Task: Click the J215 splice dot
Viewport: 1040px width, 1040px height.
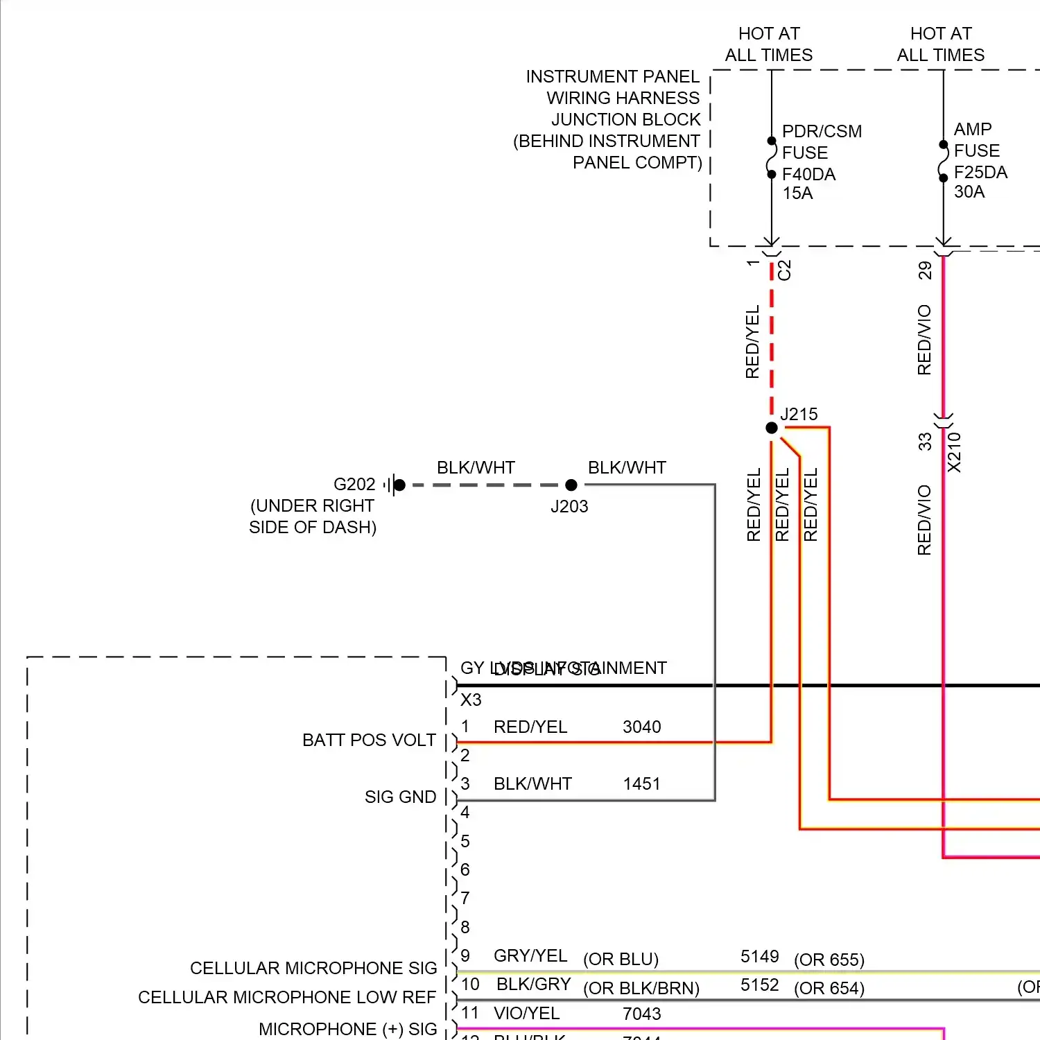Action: point(772,428)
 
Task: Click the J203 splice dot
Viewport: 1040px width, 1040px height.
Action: point(571,485)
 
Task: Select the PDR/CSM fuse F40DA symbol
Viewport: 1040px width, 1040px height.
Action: point(772,158)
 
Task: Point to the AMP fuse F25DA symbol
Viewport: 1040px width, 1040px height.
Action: point(943,162)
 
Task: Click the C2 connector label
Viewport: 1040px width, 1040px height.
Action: point(784,270)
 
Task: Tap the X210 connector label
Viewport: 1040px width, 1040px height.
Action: point(955,452)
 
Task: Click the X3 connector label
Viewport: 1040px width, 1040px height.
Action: point(471,700)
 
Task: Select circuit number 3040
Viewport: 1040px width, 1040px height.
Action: point(641,727)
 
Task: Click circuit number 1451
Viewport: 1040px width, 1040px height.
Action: point(641,783)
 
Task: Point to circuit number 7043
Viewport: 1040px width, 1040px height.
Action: point(641,1014)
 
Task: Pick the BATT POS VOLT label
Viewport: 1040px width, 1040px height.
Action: point(369,740)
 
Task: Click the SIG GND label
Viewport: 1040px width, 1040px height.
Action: point(400,797)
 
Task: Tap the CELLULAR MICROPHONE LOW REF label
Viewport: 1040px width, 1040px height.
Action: point(287,997)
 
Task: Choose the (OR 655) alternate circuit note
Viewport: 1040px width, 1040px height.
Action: point(829,960)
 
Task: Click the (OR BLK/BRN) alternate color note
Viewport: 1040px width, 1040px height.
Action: point(641,988)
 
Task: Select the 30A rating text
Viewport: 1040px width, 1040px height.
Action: point(969,192)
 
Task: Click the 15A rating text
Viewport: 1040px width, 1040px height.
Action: point(797,193)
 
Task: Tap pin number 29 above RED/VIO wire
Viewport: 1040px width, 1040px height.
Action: point(925,270)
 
